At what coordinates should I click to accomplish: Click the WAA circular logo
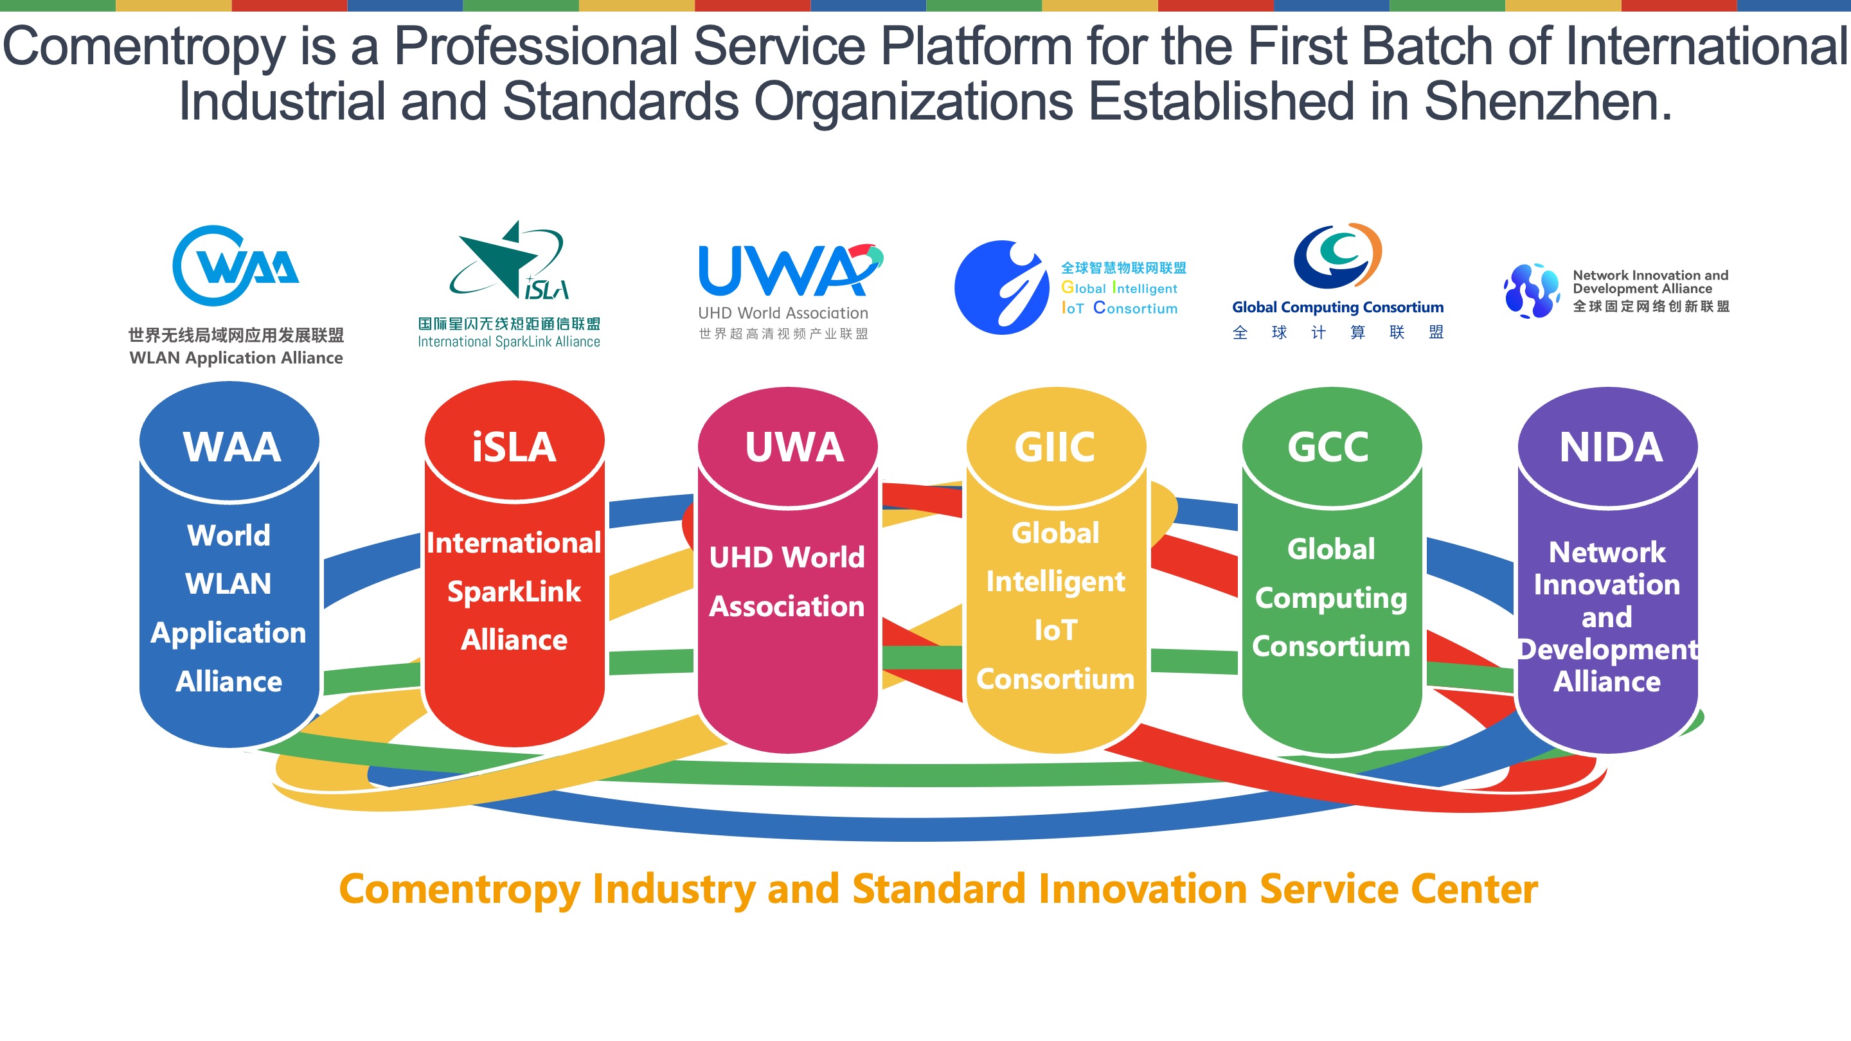(x=234, y=266)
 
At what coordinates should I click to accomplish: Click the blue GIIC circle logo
(x=1002, y=287)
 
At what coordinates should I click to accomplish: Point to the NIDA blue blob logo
(x=1531, y=290)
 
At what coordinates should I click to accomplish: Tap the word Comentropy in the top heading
(x=144, y=47)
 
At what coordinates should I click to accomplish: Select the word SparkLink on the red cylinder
(x=514, y=591)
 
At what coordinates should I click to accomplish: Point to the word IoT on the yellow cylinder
(x=1055, y=630)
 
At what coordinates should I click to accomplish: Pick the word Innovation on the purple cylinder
(x=1607, y=585)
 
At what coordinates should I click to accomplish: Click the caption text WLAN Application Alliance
(x=236, y=358)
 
